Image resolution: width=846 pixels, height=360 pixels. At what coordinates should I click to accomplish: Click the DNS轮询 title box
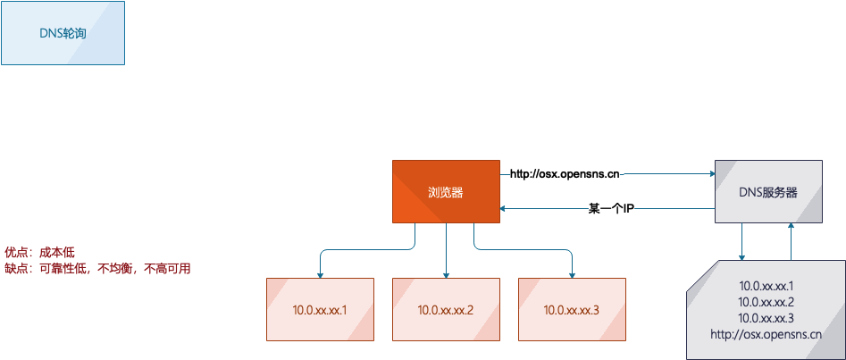(x=63, y=33)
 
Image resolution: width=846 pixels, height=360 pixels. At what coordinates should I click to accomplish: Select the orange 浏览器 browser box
(x=446, y=191)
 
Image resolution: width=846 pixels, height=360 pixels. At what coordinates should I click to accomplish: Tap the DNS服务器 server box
(x=768, y=191)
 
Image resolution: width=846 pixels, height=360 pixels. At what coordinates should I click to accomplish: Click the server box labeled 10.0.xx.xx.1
(x=320, y=309)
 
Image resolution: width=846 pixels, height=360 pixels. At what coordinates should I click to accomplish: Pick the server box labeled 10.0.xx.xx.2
(x=446, y=309)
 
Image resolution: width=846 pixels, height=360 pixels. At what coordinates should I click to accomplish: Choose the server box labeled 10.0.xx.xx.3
(x=572, y=309)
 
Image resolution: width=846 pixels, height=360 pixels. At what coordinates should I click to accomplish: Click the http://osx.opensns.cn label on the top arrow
(x=565, y=174)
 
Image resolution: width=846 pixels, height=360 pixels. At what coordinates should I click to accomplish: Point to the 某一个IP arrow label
(x=609, y=208)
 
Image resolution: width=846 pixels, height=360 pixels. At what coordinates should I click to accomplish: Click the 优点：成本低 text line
(x=39, y=252)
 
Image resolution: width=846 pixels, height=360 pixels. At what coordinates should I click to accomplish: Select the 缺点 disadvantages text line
(x=97, y=268)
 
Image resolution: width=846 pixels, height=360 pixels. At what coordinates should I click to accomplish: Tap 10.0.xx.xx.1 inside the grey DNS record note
(x=766, y=286)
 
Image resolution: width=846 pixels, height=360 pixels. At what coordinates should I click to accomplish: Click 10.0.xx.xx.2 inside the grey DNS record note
(x=766, y=302)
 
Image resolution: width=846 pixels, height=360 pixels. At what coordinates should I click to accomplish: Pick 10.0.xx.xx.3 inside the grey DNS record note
(x=766, y=318)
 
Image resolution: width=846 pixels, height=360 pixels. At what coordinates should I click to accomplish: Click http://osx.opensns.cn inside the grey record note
(x=766, y=335)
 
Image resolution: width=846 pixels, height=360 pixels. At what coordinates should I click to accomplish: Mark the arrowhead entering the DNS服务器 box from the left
(x=712, y=174)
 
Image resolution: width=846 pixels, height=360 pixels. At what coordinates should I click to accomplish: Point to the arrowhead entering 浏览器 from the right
(x=503, y=208)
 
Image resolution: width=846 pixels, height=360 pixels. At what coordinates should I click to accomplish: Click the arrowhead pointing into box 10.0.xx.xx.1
(x=320, y=275)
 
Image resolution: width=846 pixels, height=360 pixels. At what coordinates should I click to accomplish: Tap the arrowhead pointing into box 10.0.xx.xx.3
(x=572, y=275)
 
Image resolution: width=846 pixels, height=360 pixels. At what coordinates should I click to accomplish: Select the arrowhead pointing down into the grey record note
(x=741, y=256)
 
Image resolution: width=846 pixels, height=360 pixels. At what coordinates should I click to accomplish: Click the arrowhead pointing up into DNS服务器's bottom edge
(x=791, y=226)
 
